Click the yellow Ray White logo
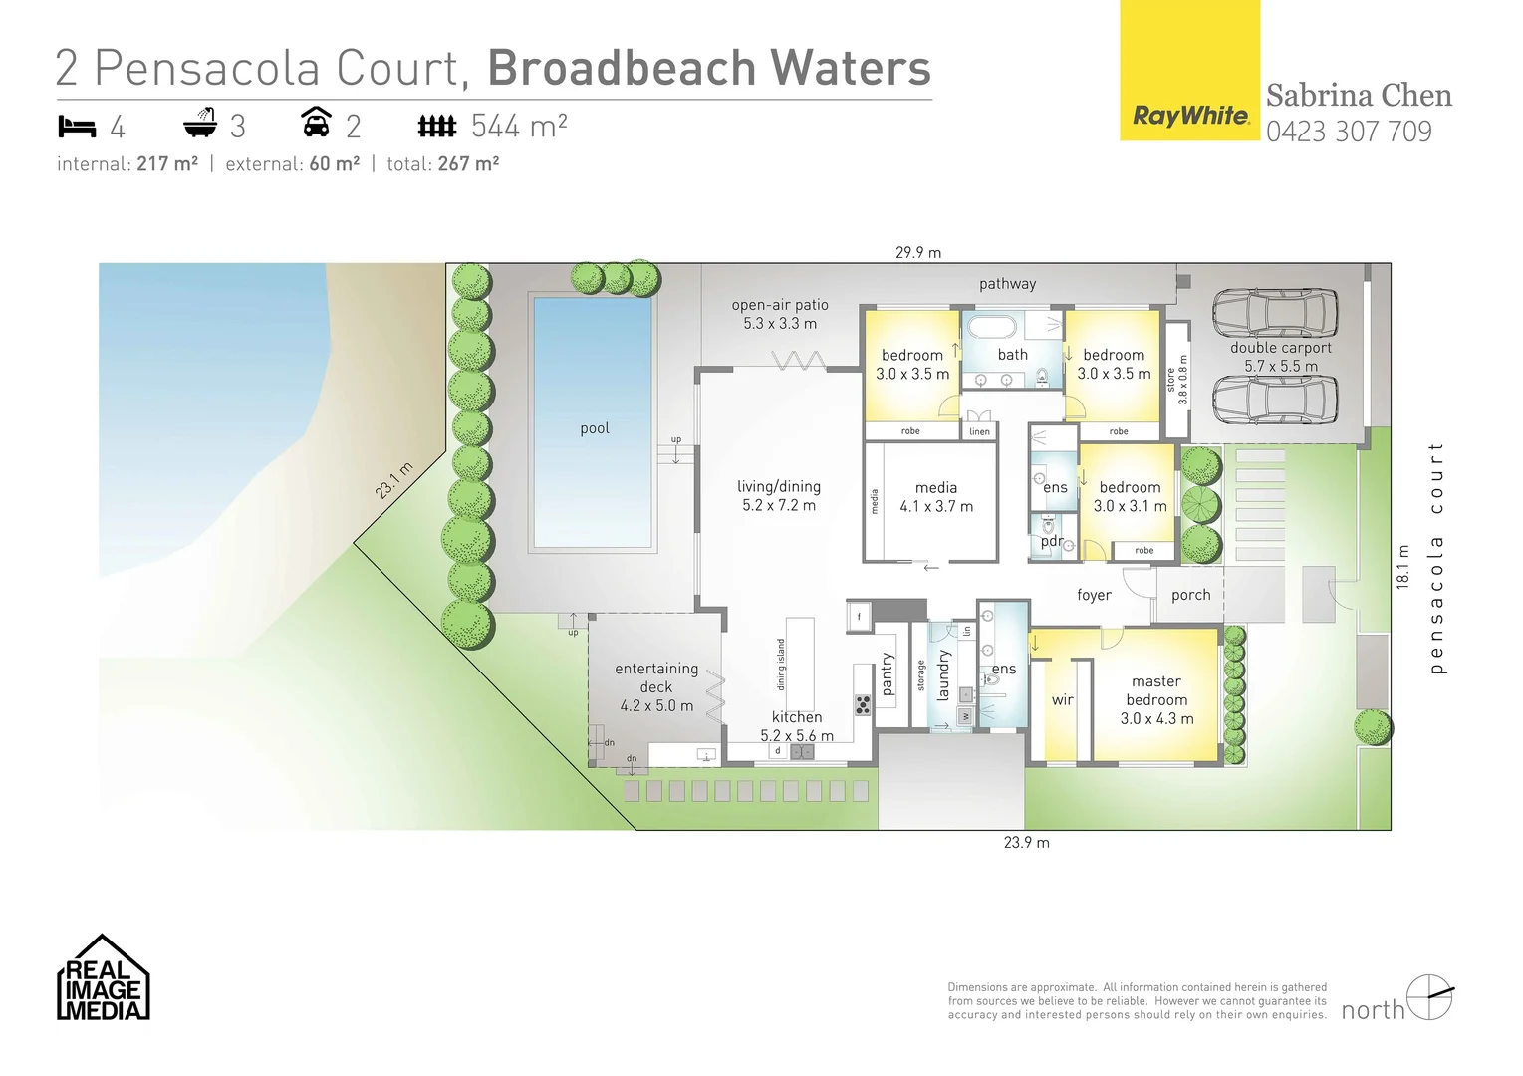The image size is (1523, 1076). coord(1190,70)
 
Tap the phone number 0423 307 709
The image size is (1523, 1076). coord(1349,132)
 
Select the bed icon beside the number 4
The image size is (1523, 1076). coord(77,127)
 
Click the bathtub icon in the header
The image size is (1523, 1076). coord(200,124)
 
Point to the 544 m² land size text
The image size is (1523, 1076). coord(519,126)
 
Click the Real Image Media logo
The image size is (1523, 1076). coord(104,977)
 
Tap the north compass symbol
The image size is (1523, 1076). coord(1429,997)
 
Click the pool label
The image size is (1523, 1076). coord(595,428)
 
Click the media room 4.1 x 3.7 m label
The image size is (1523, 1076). coord(936,497)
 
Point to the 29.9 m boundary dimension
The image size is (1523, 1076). coord(917,253)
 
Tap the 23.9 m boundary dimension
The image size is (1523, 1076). coord(1027,843)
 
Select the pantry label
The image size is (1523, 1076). coord(888,674)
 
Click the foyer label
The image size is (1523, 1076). coord(1094,595)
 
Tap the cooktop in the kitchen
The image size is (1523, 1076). coord(863,705)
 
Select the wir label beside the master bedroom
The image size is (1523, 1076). coord(1062,699)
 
